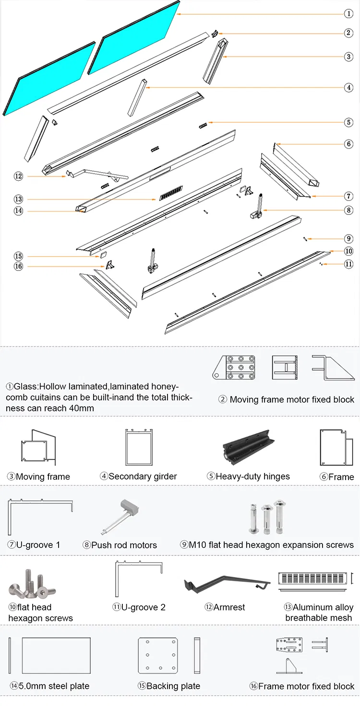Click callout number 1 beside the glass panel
(348, 13)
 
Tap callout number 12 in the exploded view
(18, 177)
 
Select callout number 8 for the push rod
(348, 210)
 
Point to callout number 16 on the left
(18, 266)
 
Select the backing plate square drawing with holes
(158, 655)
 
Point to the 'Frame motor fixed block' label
(302, 686)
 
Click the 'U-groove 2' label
(139, 607)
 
